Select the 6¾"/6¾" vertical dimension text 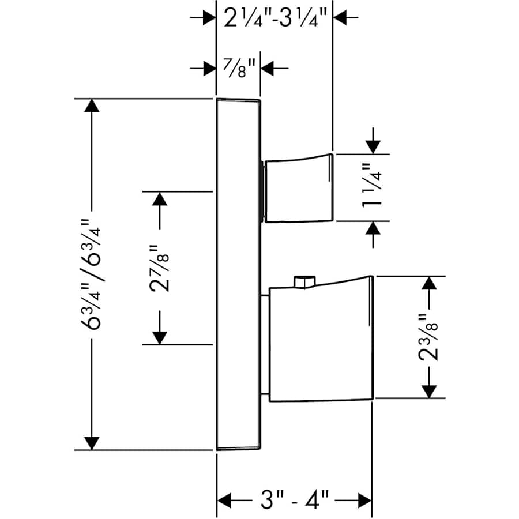pos(92,274)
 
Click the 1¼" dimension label pos(374,187)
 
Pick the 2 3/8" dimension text pos(429,337)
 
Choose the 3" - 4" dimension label pos(294,498)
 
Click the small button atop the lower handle pos(303,282)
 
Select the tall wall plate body pos(238,274)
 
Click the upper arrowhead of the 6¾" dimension pos(91,107)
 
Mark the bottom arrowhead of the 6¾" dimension pos(91,441)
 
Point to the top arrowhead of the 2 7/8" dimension pos(160,200)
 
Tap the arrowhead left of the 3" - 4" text pos(225,498)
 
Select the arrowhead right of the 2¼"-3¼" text pos(341,18)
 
